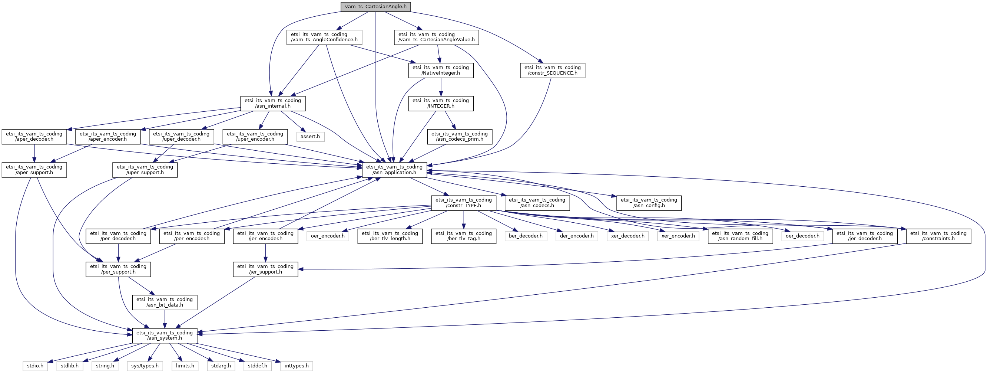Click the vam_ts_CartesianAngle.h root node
375,7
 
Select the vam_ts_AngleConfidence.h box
324,37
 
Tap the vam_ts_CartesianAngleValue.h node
436,37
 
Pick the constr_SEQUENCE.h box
553,70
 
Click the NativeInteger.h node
441,70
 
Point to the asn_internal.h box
273,103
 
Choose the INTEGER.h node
441,103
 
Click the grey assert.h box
310,136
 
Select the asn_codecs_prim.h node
459,137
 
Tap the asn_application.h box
394,170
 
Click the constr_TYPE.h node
464,203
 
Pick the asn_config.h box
649,203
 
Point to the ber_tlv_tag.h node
464,236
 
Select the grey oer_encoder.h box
328,236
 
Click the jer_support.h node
265,269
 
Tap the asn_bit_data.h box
165,302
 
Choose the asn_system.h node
165,336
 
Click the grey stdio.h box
35,366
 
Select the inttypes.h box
297,366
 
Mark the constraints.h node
939,236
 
